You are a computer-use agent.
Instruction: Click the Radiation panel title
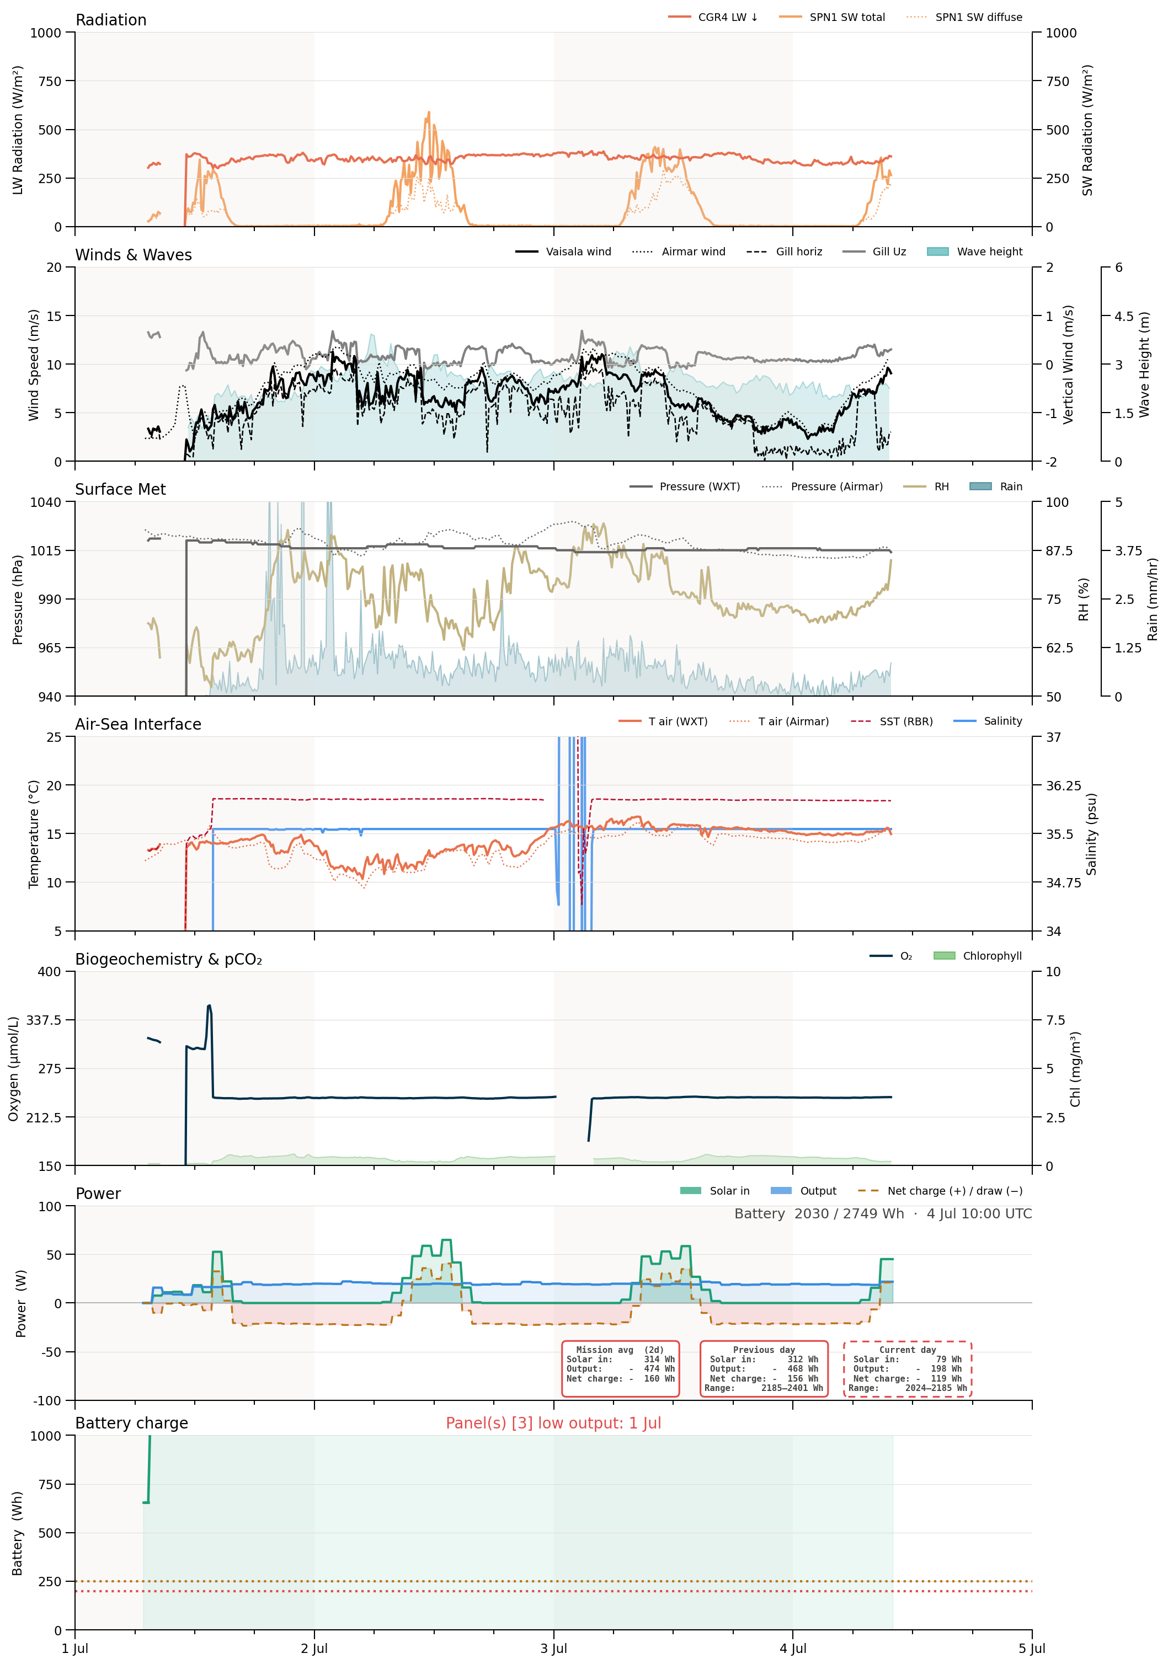[x=111, y=19]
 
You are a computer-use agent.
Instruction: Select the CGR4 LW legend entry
[x=713, y=17]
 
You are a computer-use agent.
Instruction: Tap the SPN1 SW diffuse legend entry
[x=964, y=17]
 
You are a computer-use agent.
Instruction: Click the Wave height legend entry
[x=974, y=252]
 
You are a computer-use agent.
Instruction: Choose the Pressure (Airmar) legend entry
[x=822, y=486]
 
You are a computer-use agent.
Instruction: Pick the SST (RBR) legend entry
[x=892, y=721]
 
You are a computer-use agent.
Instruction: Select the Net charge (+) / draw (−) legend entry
[x=940, y=1191]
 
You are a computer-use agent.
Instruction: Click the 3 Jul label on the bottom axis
[x=553, y=1648]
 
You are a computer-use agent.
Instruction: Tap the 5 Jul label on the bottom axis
[x=1032, y=1648]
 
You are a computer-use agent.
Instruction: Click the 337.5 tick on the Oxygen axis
[x=44, y=1020]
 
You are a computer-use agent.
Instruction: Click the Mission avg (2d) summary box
[x=621, y=1368]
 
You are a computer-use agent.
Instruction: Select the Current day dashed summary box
[x=908, y=1368]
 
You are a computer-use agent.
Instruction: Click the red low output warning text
[x=553, y=1422]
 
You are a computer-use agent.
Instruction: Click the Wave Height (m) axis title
[x=1144, y=365]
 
